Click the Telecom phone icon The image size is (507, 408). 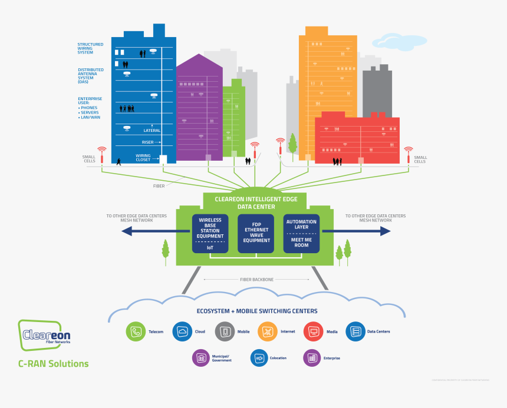(x=136, y=332)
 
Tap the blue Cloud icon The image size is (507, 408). (x=182, y=332)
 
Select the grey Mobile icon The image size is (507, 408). (x=225, y=332)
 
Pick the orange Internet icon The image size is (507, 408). (x=268, y=332)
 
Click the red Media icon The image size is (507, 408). (x=313, y=332)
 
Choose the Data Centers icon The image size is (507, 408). (x=355, y=332)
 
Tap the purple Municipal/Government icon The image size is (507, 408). (x=202, y=358)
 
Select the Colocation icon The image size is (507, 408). (x=259, y=358)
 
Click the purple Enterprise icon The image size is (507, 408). (x=312, y=358)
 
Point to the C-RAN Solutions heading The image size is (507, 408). (x=53, y=364)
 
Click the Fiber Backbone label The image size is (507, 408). (x=256, y=280)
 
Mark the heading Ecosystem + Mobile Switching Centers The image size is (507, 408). (x=256, y=311)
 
